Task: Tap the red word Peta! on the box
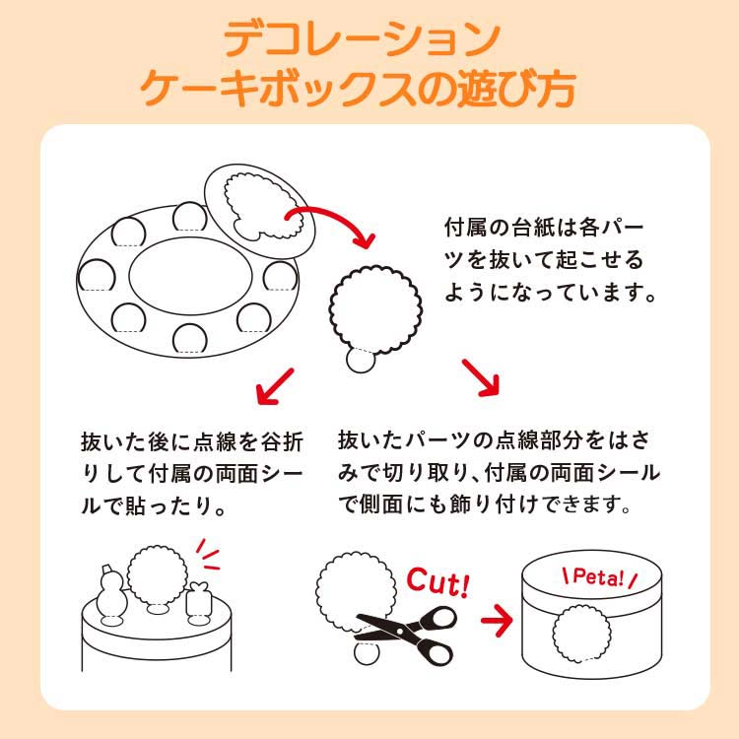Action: coord(598,577)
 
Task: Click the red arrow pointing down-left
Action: coord(275,386)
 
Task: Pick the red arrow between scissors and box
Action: coord(497,620)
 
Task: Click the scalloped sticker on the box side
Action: coord(581,634)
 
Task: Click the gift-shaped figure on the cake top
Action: coord(198,602)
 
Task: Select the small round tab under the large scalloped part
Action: coord(361,361)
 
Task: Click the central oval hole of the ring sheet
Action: coord(191,276)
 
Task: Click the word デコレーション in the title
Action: coord(362,39)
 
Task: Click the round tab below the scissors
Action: coord(367,652)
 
